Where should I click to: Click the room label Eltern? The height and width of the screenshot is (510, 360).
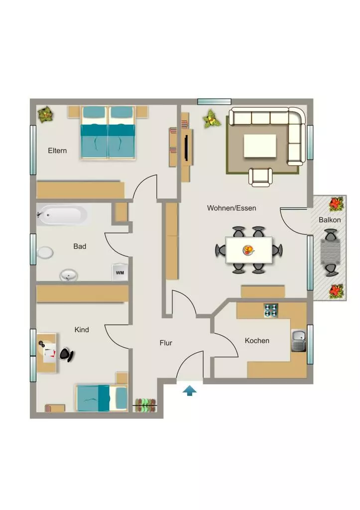click(x=57, y=150)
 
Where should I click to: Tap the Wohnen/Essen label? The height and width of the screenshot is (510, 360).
click(x=232, y=208)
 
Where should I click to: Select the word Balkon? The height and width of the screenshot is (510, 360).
click(x=330, y=220)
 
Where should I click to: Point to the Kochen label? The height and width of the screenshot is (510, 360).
click(x=257, y=341)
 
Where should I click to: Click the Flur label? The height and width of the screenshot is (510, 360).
click(x=166, y=343)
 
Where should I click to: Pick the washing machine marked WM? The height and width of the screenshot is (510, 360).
click(x=120, y=272)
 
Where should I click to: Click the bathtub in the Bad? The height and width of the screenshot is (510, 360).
click(x=62, y=215)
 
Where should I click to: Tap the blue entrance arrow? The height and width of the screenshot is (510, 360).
click(x=189, y=390)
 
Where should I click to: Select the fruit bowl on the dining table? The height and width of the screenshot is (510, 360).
click(x=248, y=250)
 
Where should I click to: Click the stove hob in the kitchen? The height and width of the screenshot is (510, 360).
click(x=271, y=310)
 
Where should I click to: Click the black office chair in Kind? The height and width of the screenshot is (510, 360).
click(x=66, y=355)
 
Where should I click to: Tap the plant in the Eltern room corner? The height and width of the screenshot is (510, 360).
click(x=45, y=115)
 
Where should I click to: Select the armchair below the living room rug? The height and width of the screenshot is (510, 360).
click(x=260, y=177)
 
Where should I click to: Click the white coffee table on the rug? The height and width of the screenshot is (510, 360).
click(x=260, y=146)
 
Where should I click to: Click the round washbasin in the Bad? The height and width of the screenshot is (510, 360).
click(x=69, y=276)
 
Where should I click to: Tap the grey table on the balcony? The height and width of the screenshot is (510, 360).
click(x=331, y=253)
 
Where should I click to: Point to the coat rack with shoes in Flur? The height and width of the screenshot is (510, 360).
click(x=145, y=405)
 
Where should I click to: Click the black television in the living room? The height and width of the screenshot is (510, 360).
click(x=186, y=148)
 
